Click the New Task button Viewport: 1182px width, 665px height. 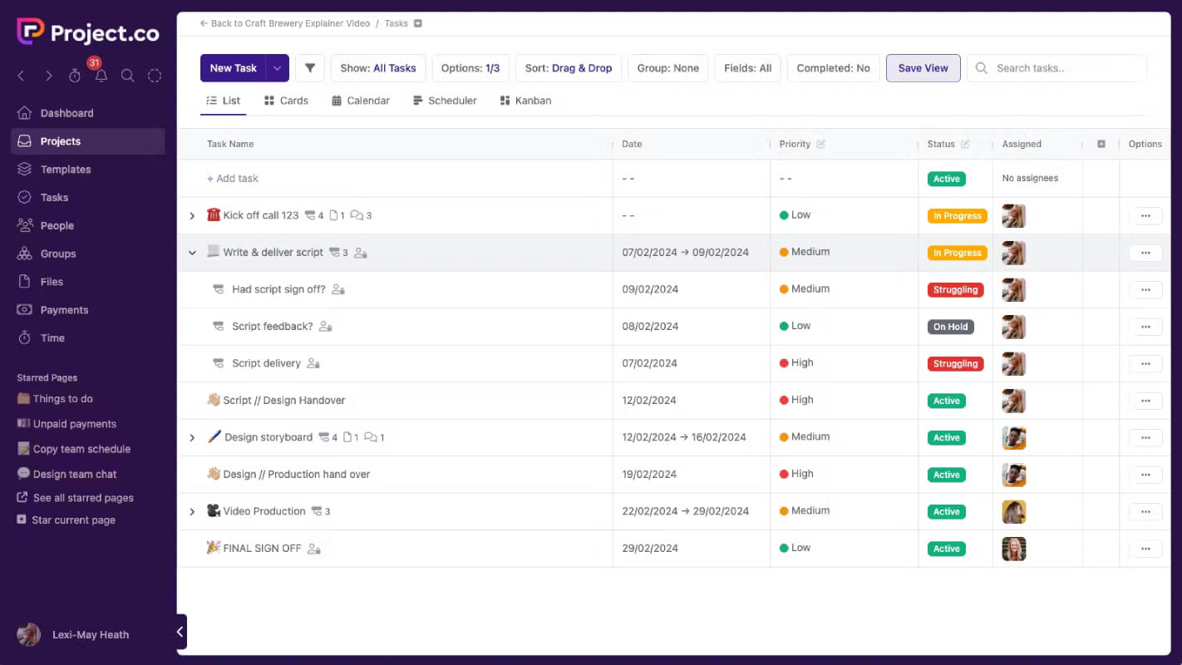click(x=234, y=68)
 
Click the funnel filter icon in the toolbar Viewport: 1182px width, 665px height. click(x=310, y=68)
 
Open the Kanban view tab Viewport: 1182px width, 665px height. click(x=525, y=101)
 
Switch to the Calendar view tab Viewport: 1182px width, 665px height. click(x=361, y=101)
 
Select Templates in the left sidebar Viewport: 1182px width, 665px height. click(x=66, y=170)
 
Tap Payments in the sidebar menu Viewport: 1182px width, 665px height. click(x=64, y=310)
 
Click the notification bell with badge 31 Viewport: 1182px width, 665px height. click(x=101, y=76)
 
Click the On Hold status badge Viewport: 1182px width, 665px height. click(x=950, y=327)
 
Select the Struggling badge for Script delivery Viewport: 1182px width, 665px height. click(x=955, y=363)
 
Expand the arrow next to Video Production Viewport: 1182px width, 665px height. click(x=192, y=511)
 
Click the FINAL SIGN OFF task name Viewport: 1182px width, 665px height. click(x=262, y=549)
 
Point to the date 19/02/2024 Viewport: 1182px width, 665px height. click(x=649, y=474)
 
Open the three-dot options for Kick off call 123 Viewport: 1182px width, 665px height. click(x=1145, y=216)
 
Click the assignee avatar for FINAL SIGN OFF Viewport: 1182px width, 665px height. click(x=1013, y=549)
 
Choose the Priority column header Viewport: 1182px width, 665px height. click(x=795, y=144)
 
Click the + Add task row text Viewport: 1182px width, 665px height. click(x=233, y=179)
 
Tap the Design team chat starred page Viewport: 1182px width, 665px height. click(x=75, y=474)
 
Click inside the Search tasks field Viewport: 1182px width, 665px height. click(x=1066, y=68)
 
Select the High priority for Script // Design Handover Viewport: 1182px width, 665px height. click(x=796, y=400)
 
